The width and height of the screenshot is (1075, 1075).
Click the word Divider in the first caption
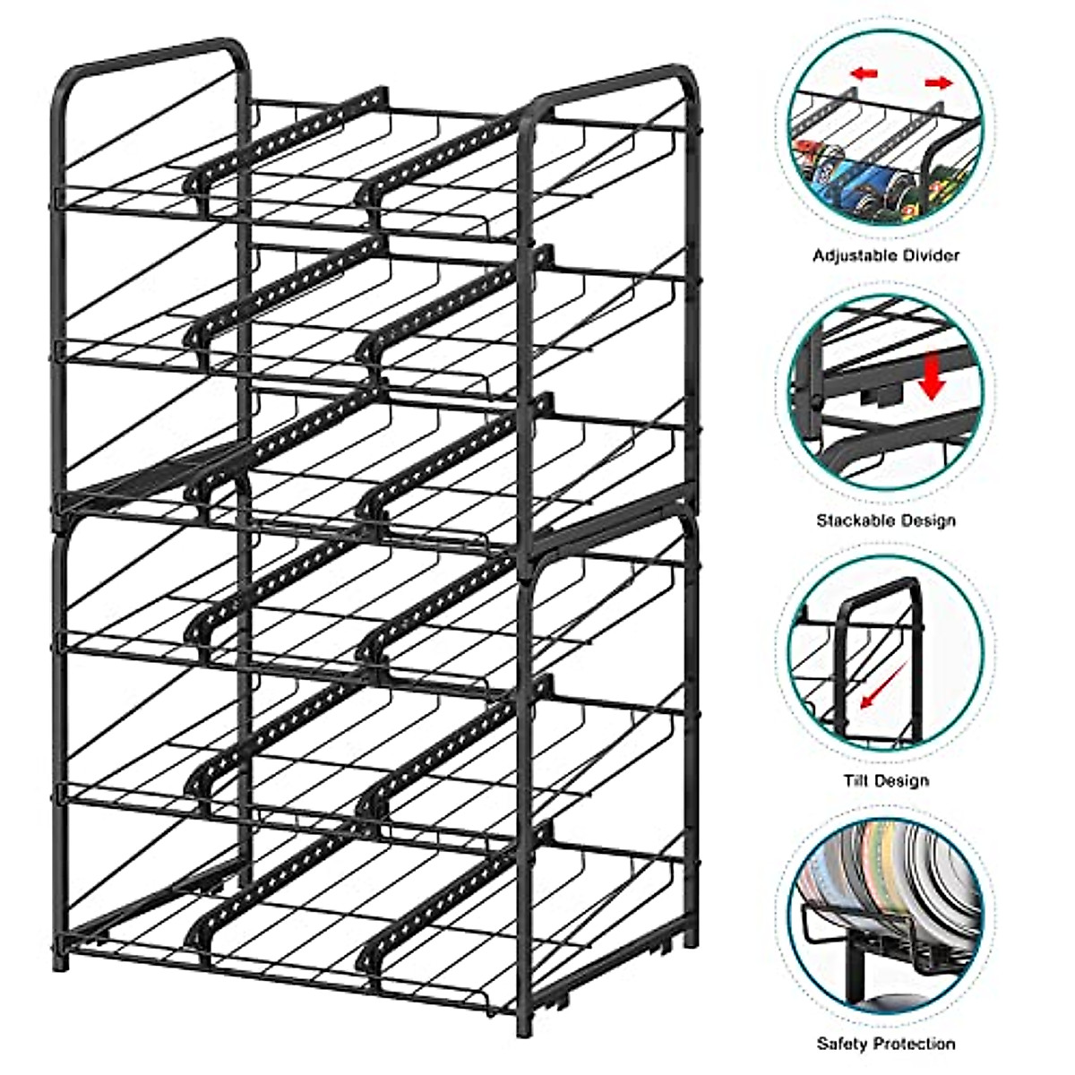pos(926,256)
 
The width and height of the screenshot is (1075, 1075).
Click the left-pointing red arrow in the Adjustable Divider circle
pos(864,73)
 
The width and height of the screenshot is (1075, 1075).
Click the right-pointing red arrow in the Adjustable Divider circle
pos(939,83)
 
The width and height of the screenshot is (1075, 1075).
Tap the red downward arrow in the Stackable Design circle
pos(933,377)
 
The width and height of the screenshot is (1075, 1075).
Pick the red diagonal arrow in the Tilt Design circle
pos(879,691)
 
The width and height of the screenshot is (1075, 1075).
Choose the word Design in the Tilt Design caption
pos(900,780)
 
